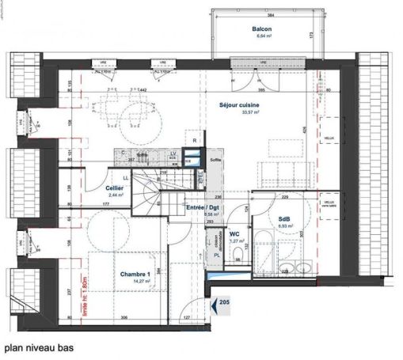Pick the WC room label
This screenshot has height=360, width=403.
point(234,233)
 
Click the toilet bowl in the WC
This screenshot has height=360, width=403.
point(238,255)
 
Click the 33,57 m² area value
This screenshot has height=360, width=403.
point(240,112)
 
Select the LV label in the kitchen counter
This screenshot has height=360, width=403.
point(173,153)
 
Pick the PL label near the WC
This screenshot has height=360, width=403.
point(217,256)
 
